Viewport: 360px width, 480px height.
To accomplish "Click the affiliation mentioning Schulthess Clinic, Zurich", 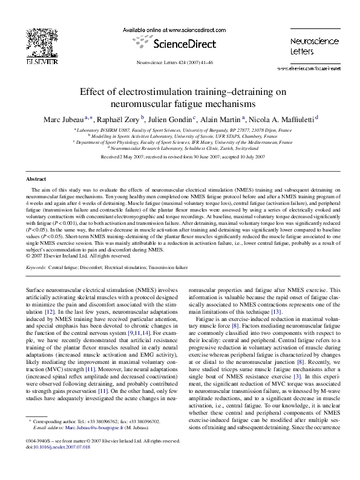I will (180, 148).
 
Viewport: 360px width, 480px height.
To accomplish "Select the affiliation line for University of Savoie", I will (180, 136).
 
